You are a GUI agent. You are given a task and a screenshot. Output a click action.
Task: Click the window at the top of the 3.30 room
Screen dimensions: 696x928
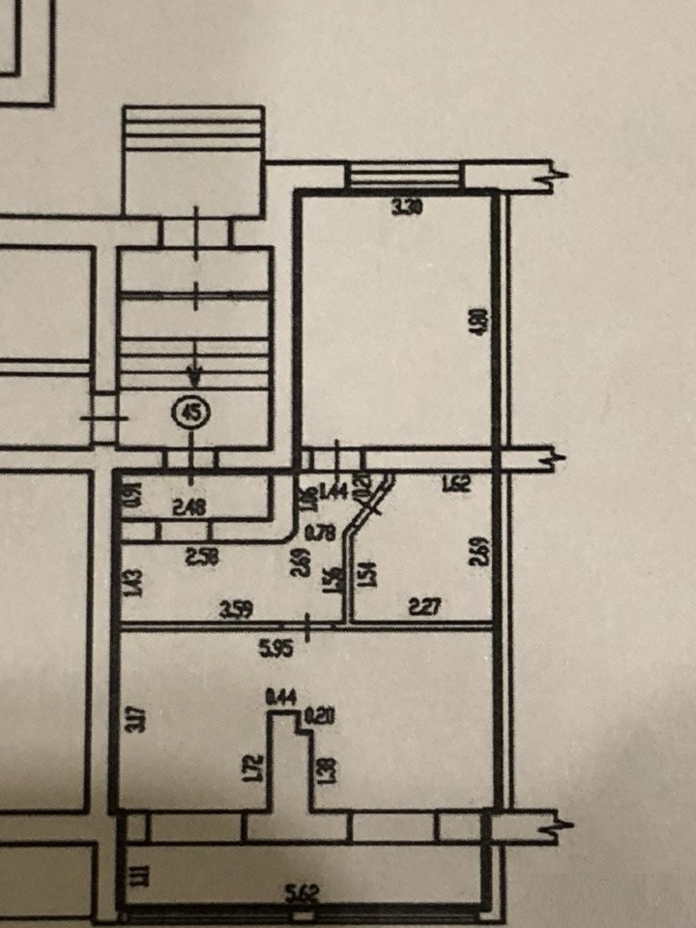[x=403, y=177]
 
